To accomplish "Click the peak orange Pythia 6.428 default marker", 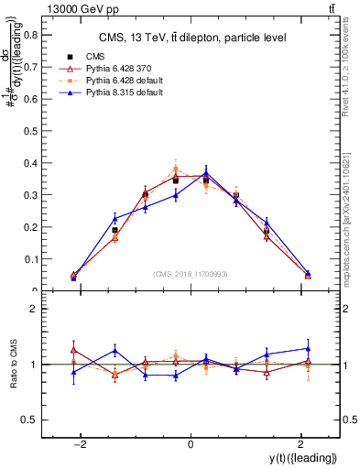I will point(176,169).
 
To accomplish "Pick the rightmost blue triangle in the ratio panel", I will point(307,348).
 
